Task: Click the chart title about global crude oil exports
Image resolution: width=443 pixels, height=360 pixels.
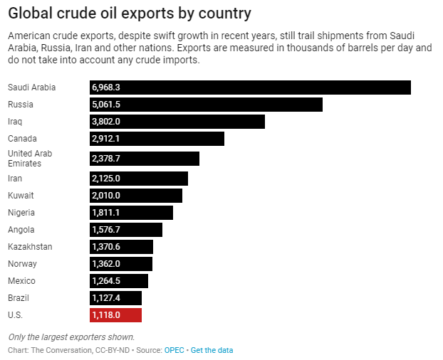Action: point(130,14)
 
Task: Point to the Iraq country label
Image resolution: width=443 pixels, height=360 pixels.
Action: point(15,122)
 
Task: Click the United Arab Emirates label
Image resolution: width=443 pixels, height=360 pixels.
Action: point(29,158)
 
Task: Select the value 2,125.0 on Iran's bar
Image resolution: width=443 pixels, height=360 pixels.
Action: point(106,179)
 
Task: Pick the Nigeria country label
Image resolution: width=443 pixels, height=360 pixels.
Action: point(21,213)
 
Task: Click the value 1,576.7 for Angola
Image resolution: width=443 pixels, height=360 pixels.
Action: point(106,230)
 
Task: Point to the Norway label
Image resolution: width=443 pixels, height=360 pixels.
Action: point(21,264)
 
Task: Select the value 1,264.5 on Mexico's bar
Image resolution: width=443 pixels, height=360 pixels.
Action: point(106,281)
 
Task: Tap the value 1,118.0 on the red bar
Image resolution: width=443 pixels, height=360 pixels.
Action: point(106,315)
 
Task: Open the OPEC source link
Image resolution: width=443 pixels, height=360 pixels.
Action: point(174,350)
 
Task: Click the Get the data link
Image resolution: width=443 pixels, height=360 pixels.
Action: point(212,350)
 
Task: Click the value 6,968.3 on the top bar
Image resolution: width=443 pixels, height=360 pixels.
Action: point(106,88)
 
